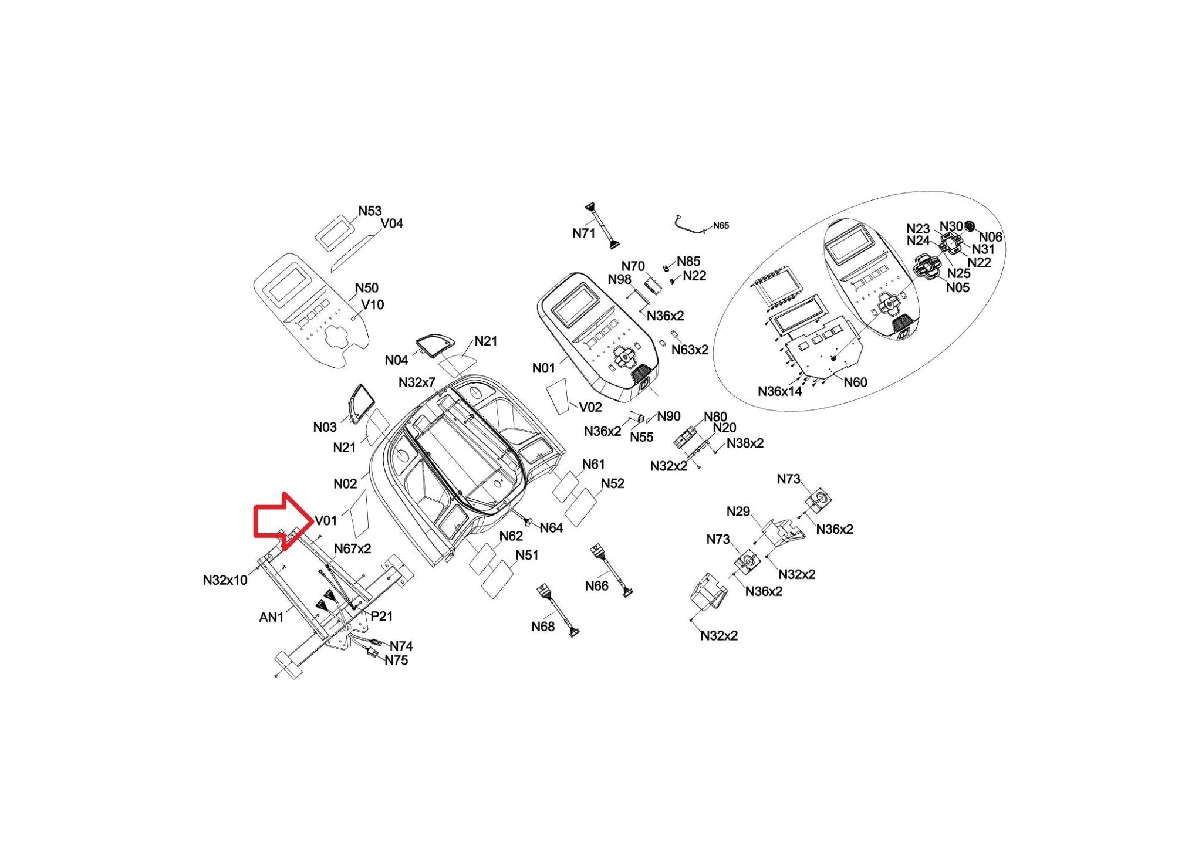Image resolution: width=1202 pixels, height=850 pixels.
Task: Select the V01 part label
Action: (x=326, y=520)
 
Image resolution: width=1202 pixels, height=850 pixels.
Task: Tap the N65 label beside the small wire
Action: (x=721, y=225)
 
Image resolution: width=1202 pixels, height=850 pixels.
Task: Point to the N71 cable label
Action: (x=583, y=233)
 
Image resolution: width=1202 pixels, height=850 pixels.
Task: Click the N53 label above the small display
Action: (x=370, y=211)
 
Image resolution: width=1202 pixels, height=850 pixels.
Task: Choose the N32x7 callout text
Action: (x=417, y=382)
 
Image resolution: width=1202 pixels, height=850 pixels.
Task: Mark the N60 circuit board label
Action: (x=855, y=382)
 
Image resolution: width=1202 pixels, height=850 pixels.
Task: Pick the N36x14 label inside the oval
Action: (x=779, y=391)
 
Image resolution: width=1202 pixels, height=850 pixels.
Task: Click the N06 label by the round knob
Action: (x=991, y=237)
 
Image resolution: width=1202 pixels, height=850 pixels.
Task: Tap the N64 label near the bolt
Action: (x=551, y=528)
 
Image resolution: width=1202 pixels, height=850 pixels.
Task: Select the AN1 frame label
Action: (x=271, y=617)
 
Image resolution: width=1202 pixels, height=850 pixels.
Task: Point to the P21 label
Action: (x=381, y=616)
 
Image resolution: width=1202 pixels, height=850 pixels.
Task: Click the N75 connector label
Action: (x=396, y=660)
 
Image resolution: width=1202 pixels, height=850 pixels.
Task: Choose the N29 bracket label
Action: (x=738, y=512)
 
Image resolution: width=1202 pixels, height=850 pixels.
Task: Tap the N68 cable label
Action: (x=542, y=627)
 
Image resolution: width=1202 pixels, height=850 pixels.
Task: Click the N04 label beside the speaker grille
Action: (x=396, y=360)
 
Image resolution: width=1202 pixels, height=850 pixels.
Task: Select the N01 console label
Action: (x=543, y=368)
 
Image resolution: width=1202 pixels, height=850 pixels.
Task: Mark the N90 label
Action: (x=668, y=416)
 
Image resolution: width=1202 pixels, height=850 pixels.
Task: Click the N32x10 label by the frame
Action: (x=225, y=580)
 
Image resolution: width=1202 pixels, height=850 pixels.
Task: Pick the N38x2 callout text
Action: (x=745, y=443)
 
